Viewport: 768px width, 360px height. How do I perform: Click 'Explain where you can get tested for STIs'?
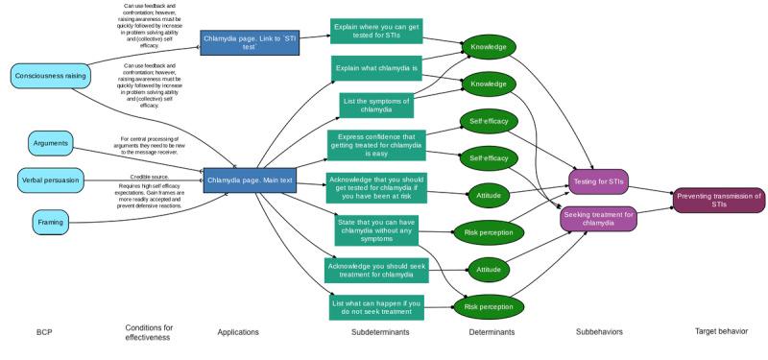[x=376, y=30]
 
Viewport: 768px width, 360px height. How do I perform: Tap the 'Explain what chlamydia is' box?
[x=376, y=69]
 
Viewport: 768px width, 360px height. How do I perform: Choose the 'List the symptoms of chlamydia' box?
[x=376, y=105]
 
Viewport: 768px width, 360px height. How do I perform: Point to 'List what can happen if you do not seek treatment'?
[x=376, y=306]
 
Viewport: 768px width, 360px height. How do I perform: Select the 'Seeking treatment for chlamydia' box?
[x=598, y=219]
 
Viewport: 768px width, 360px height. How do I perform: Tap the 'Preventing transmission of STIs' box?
[x=718, y=201]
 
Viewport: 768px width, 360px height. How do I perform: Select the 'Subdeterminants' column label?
[x=376, y=332]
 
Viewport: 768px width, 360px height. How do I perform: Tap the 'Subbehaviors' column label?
[x=598, y=332]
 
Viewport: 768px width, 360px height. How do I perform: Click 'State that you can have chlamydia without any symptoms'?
[x=376, y=231]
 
